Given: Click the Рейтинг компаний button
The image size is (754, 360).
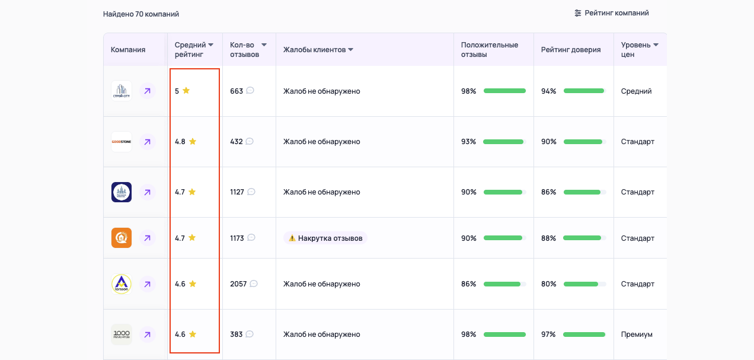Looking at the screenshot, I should tap(612, 13).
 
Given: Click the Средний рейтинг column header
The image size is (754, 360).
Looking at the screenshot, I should tap(194, 49).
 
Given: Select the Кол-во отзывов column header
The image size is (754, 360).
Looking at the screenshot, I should tap(248, 49).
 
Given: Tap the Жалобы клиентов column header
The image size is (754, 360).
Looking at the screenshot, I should tap(318, 50).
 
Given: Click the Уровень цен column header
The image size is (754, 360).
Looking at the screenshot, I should tap(639, 49).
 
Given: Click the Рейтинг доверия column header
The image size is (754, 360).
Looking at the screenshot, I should tap(570, 50).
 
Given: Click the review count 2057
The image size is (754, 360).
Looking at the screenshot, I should tap(238, 284).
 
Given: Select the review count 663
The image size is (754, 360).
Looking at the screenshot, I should tap(237, 91).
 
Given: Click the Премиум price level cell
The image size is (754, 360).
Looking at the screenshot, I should tap(637, 334).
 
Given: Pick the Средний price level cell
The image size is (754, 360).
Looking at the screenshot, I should tap(636, 91).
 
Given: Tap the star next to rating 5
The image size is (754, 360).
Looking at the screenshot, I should tap(186, 91).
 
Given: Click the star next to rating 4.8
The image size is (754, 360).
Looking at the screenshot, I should tap(193, 142).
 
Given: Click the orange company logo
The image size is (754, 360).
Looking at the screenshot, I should tap(122, 238).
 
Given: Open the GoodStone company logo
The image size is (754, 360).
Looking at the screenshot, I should tap(122, 142).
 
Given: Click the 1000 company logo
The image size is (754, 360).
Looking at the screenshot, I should tap(122, 334).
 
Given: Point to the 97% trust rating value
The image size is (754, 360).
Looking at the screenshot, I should tap(548, 334).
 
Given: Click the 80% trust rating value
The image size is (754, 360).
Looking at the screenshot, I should tap(548, 284).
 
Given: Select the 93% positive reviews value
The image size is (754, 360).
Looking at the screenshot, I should tap(468, 142).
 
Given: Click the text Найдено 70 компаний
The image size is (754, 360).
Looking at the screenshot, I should tap(141, 14).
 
